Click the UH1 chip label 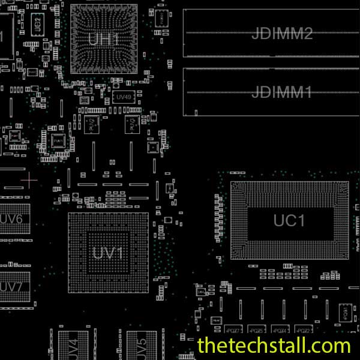104,40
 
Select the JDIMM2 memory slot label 282,34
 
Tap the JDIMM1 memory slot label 282,92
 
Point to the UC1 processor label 289,221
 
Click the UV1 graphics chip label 108,253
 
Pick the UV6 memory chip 11,219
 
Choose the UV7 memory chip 11,287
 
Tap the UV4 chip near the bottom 73,347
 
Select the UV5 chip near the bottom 142,347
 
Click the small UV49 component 124,97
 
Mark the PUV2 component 92,125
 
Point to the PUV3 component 130,124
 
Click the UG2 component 37,23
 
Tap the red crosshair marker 29,179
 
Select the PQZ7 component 233,330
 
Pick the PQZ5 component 256,330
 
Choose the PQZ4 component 280,330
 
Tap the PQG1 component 345,311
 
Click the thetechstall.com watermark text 274,346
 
